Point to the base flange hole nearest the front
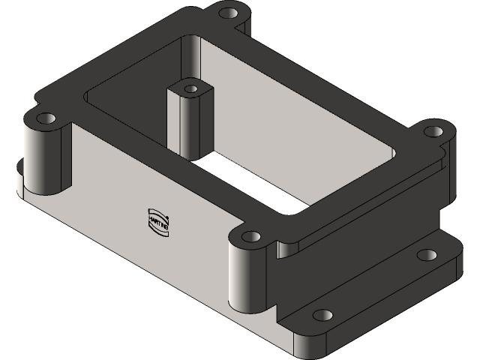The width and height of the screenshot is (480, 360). [x=322, y=315]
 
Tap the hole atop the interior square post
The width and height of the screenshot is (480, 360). [x=191, y=88]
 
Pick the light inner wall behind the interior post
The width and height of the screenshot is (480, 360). [x=247, y=97]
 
